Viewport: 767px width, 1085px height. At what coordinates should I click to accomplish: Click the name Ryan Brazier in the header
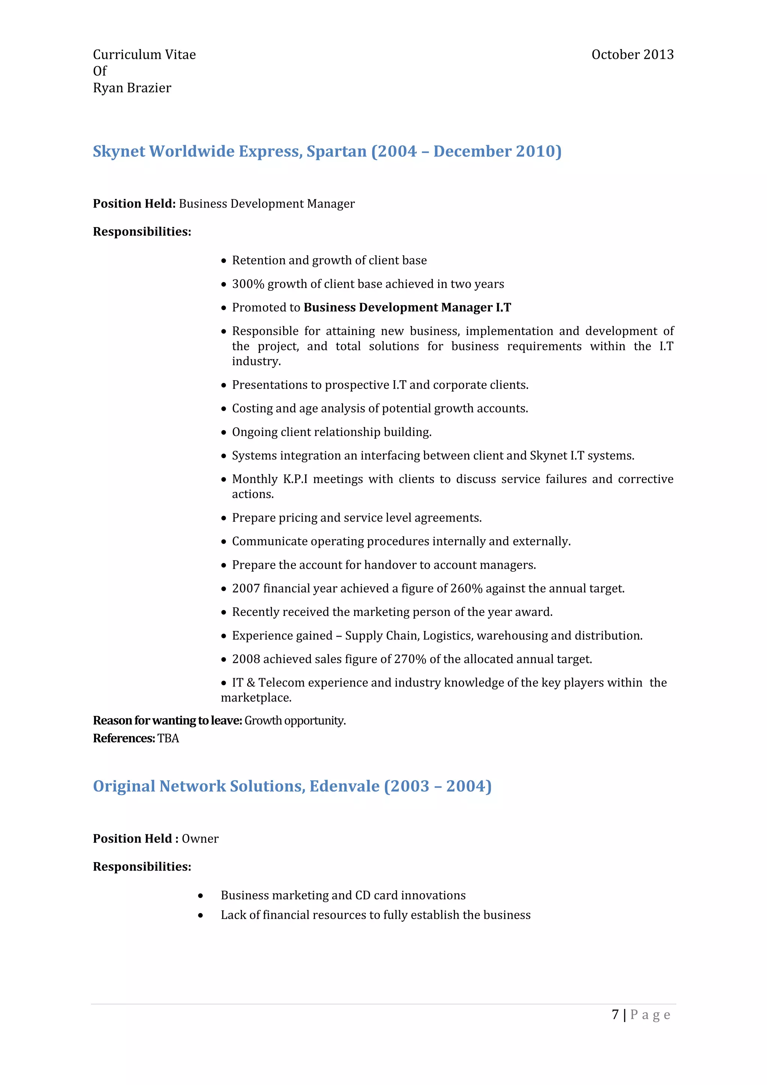pyautogui.click(x=132, y=88)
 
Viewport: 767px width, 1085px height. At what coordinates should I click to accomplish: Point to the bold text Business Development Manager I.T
pyautogui.click(x=407, y=308)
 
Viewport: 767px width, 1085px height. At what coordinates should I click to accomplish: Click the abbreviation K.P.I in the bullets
pyautogui.click(x=295, y=479)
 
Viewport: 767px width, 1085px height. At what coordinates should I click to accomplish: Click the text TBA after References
pyautogui.click(x=168, y=738)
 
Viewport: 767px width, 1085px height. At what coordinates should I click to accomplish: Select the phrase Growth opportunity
pyautogui.click(x=295, y=721)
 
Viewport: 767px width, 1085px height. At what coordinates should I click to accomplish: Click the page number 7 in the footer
pyautogui.click(x=615, y=1015)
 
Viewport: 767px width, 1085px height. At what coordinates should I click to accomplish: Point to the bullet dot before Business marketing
pyautogui.click(x=201, y=895)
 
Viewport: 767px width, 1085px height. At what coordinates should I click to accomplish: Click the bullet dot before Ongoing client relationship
pyautogui.click(x=224, y=432)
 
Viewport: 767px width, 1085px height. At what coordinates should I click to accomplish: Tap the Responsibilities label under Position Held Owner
pyautogui.click(x=142, y=867)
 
